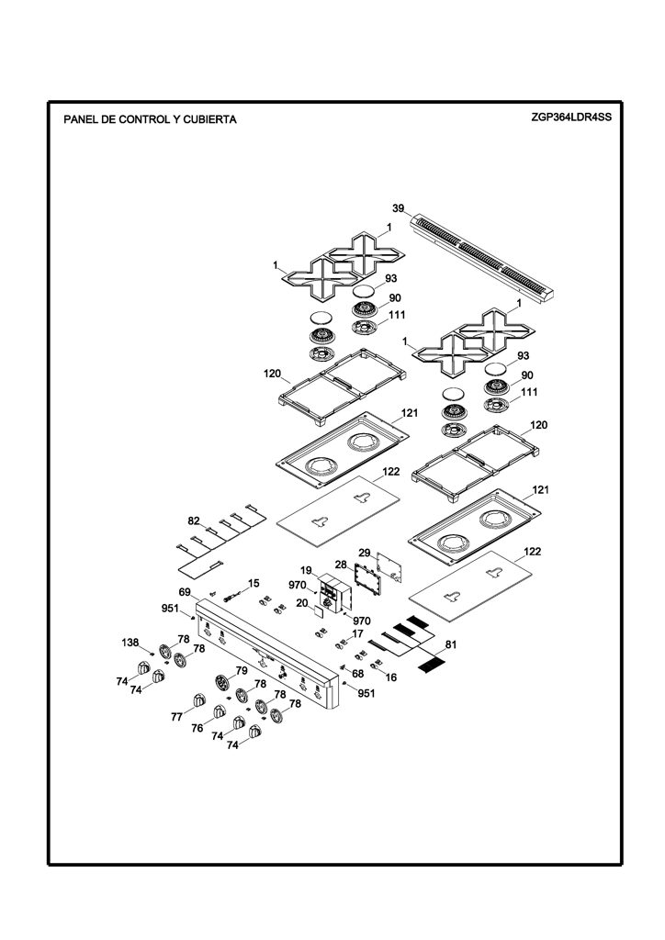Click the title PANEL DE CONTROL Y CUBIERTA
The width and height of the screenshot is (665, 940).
[150, 119]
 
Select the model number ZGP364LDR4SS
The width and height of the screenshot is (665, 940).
[571, 117]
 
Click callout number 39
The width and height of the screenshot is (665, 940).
[398, 208]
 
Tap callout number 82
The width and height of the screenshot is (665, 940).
[194, 521]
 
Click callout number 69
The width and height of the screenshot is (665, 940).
[185, 592]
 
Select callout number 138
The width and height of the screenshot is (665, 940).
[130, 643]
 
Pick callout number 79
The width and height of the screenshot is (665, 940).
[241, 670]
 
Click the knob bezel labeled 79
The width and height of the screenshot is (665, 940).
[222, 682]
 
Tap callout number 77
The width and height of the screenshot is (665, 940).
[176, 716]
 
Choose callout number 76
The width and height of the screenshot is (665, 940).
[197, 728]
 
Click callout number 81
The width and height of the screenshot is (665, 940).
[451, 645]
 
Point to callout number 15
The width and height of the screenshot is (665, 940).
[254, 583]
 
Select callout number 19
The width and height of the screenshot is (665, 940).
[307, 570]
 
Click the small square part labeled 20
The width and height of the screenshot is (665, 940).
[317, 610]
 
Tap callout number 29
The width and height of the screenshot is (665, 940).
[365, 553]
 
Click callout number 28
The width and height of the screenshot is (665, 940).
[341, 565]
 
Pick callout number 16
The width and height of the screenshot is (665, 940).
[391, 677]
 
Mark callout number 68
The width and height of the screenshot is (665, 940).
[357, 673]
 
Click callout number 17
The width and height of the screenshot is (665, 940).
[357, 633]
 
